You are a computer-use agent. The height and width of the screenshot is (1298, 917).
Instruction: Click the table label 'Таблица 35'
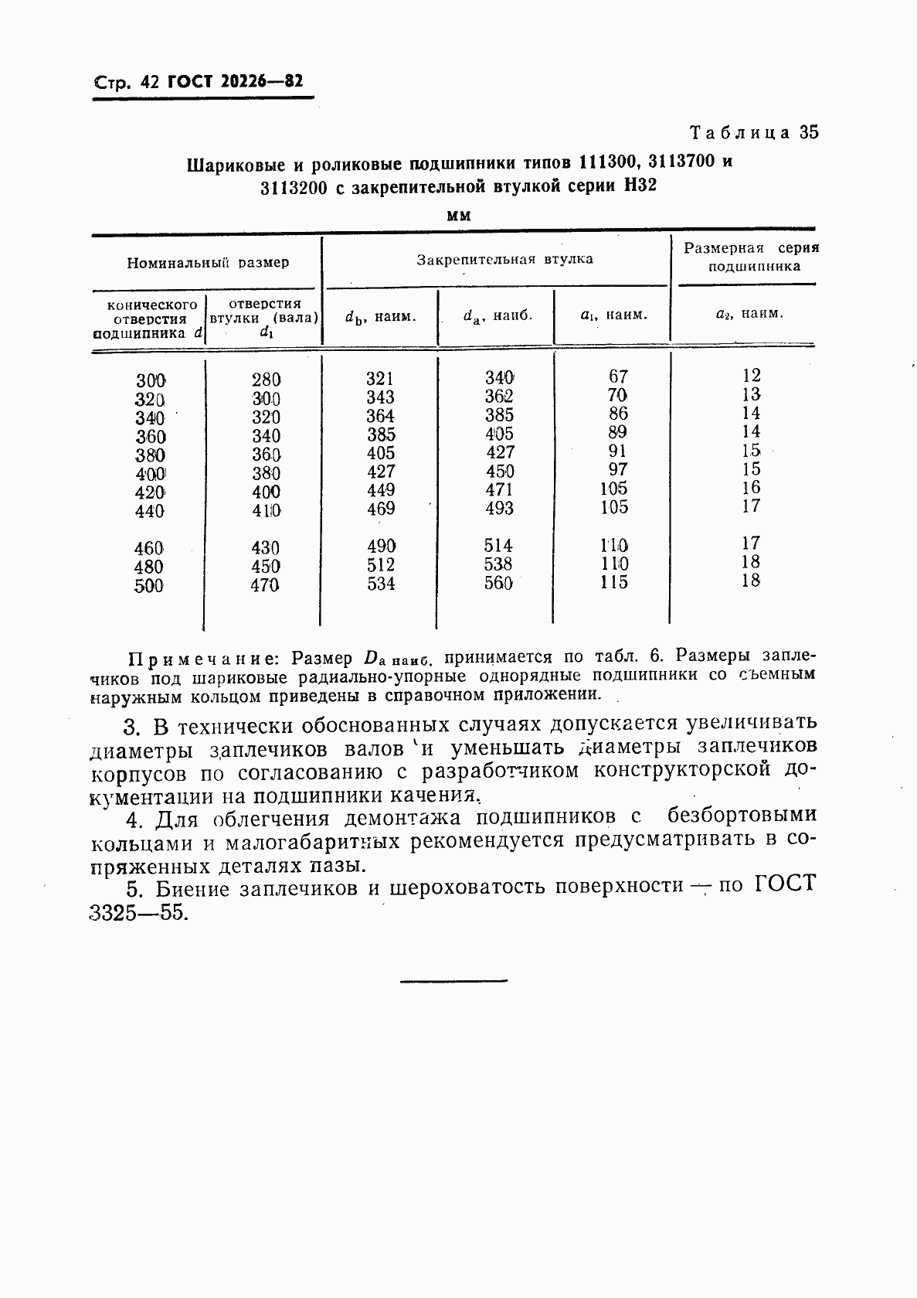click(x=753, y=132)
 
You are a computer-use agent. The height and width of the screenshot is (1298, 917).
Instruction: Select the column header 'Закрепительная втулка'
click(x=504, y=260)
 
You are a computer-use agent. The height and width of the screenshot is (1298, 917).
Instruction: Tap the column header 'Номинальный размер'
click(x=208, y=263)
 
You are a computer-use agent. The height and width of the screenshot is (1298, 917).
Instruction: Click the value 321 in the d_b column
click(x=380, y=379)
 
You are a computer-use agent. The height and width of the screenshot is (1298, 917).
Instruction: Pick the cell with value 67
click(x=618, y=376)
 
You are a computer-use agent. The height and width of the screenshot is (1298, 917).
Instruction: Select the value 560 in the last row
click(x=498, y=584)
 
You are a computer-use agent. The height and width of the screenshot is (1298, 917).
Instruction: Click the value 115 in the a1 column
click(x=614, y=583)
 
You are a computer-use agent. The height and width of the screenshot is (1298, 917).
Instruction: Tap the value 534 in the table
click(x=380, y=584)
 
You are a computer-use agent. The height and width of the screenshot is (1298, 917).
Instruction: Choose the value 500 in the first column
click(x=148, y=586)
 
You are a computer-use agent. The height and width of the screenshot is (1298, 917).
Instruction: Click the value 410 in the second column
click(x=266, y=511)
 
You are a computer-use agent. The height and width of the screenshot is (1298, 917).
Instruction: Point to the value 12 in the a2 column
click(x=751, y=376)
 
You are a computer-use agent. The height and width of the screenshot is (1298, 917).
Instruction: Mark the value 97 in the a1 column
click(x=617, y=469)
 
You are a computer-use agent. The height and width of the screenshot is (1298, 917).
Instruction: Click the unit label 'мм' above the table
click(x=459, y=216)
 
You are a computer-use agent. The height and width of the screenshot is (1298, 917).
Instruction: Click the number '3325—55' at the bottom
click(x=138, y=913)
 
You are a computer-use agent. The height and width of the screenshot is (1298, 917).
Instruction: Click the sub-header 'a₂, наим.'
click(x=749, y=315)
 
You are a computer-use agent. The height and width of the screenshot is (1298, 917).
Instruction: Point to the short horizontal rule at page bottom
click(x=453, y=981)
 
